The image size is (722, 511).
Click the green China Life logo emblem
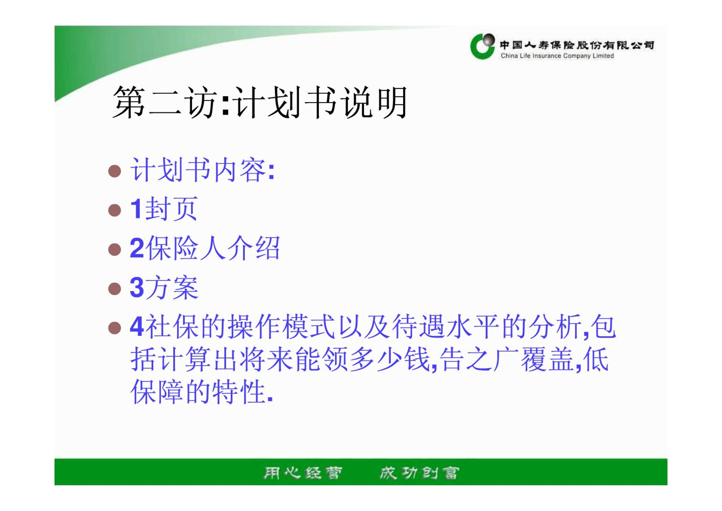point(482,46)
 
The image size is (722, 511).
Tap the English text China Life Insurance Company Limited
point(557,56)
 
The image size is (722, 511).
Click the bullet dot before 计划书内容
point(114,171)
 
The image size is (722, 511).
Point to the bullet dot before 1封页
point(114,210)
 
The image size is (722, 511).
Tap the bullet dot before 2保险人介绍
point(114,249)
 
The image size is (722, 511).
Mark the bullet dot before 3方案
point(114,289)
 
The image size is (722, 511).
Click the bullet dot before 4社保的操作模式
point(114,328)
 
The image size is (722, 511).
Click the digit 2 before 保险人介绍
point(137,248)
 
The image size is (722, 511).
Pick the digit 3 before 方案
point(137,287)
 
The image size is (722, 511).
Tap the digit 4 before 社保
point(137,326)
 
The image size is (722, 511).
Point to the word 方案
point(172,287)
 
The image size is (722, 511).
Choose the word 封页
point(171,209)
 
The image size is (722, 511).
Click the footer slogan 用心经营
point(303,473)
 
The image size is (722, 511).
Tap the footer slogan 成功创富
point(420,473)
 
